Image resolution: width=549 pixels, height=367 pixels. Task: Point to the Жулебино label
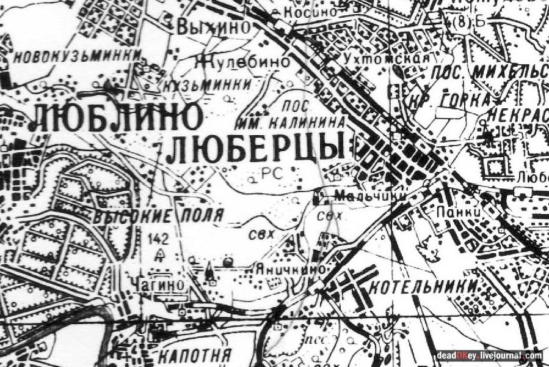(244, 62)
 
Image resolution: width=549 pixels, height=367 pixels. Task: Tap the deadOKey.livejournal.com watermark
(489, 355)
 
